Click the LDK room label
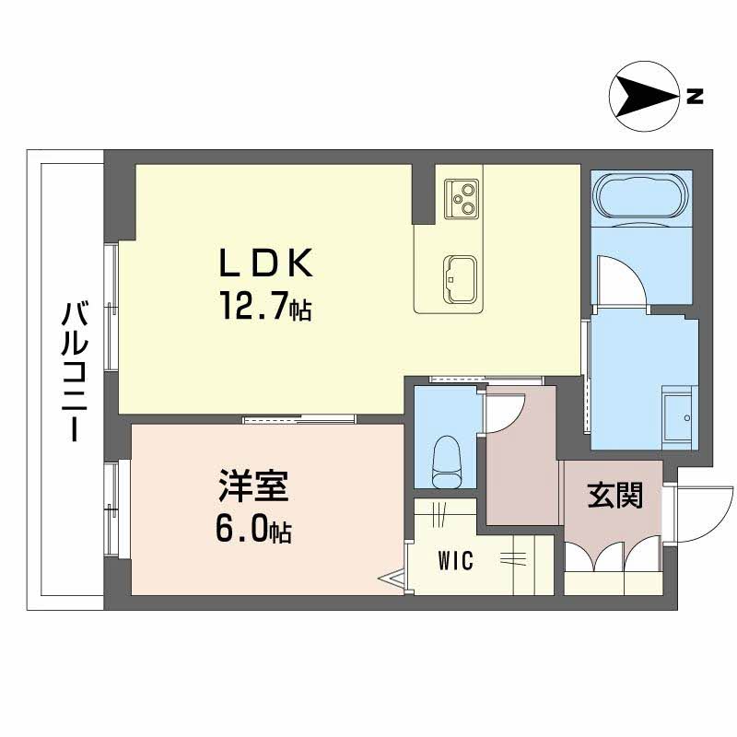tap(266, 264)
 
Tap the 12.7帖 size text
tap(264, 305)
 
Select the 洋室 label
tap(253, 486)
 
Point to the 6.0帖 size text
tap(255, 529)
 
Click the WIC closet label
tap(456, 561)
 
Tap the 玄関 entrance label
tap(614, 497)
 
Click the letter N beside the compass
tap(695, 95)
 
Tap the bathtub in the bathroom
tap(641, 194)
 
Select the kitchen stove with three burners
tap(460, 197)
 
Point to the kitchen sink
tap(459, 275)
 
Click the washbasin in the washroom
tap(678, 420)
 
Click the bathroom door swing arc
tap(619, 280)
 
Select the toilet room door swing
tap(506, 412)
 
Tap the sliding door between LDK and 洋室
tap(299, 420)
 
